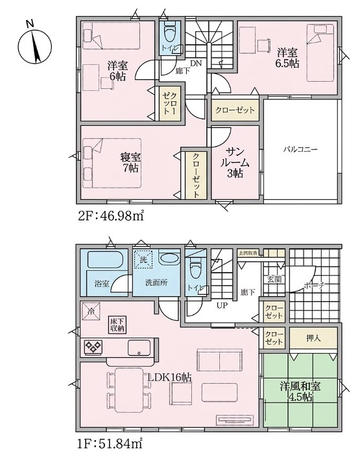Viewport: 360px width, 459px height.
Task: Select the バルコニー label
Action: [300, 149]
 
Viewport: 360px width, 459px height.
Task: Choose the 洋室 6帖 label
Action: [117, 70]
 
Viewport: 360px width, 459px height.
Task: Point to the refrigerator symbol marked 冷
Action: [90, 311]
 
